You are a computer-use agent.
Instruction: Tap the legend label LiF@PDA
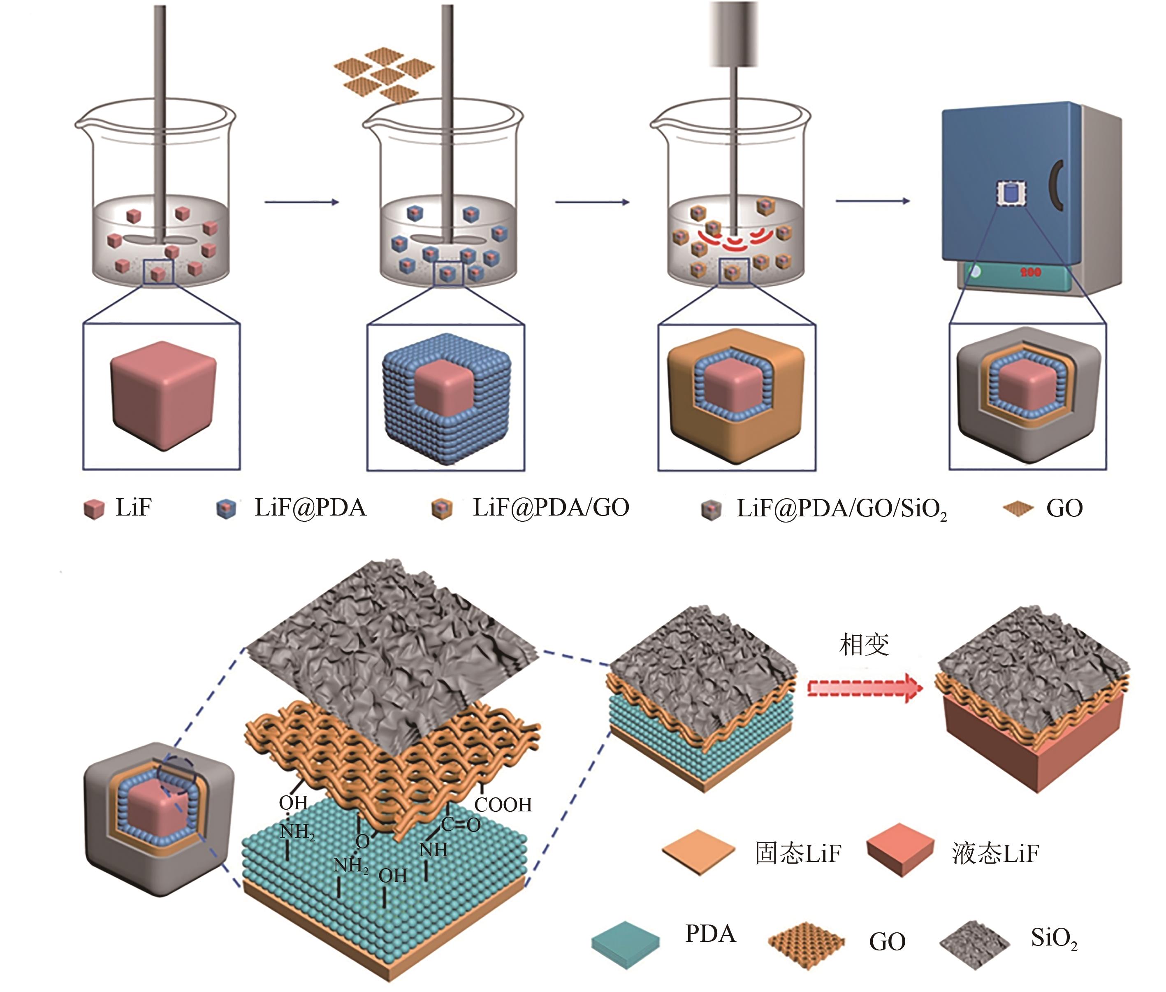coord(310,508)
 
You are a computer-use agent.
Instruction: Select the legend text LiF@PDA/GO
coord(551,508)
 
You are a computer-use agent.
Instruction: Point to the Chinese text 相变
coord(864,644)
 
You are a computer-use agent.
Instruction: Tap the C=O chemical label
coord(461,825)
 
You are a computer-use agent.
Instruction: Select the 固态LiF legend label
coord(798,853)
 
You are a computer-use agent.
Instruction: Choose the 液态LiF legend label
coord(995,853)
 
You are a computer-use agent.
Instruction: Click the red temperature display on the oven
coord(1031,272)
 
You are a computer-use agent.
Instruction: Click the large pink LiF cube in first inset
coord(163,394)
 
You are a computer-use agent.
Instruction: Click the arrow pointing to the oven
coord(872,201)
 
